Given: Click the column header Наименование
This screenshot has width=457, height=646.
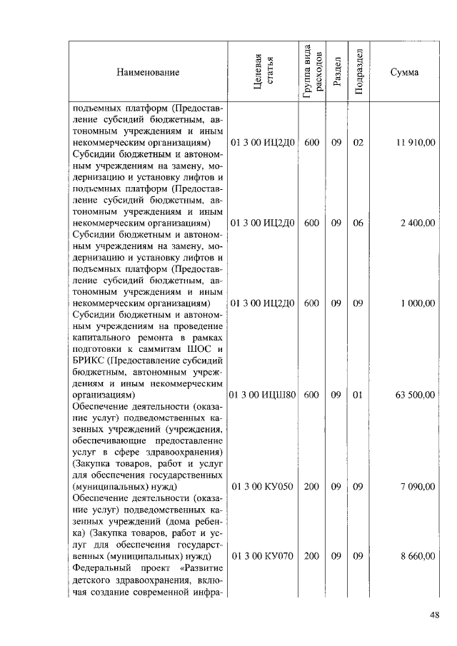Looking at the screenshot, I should [149, 72].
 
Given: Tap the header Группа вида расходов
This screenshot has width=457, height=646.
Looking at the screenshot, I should [311, 72].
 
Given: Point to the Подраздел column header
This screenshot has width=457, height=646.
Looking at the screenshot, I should [359, 72].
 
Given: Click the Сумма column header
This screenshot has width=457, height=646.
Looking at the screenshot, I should [404, 72].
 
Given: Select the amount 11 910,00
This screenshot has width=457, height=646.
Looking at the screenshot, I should [415, 143].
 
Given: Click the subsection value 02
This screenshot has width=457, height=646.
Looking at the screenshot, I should [358, 143].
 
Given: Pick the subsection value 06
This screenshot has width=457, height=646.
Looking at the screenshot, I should [358, 223].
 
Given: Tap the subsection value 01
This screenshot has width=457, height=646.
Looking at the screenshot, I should [358, 394].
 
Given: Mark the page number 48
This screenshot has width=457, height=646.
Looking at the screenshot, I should [434, 616].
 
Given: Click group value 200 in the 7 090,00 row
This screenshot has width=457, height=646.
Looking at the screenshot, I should [311, 487].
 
